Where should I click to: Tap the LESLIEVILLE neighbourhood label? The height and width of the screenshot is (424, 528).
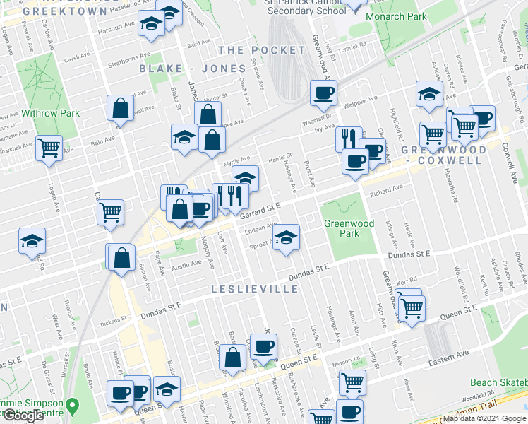coord(255,289)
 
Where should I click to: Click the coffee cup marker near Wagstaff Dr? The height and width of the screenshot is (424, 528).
coord(324,92)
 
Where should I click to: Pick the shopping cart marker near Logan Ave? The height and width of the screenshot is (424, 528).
coord(49,148)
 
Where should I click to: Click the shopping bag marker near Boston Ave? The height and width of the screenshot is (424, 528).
coord(121,257)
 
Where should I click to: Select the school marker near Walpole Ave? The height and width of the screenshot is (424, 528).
coord(429,94)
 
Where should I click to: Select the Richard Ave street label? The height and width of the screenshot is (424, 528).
coord(386,189)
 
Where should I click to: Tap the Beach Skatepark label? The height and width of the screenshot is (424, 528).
coord(498,382)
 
